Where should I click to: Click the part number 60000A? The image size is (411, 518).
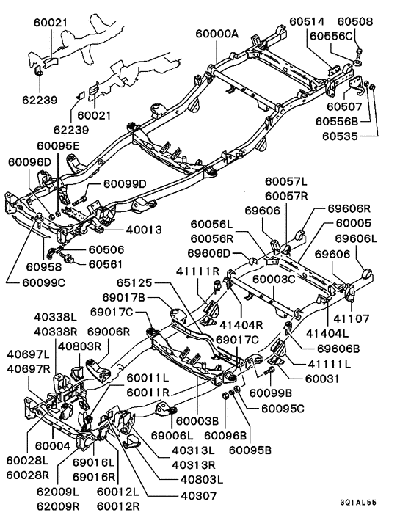click(x=218, y=34)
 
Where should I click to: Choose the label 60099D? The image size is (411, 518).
click(x=125, y=183)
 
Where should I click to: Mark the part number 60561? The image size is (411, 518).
click(x=106, y=263)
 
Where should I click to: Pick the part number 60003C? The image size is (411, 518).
click(x=274, y=280)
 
